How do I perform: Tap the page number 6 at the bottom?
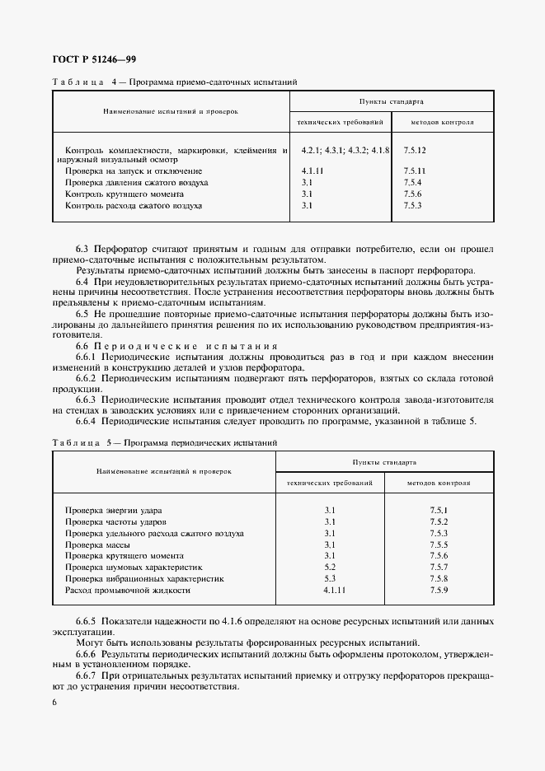54,702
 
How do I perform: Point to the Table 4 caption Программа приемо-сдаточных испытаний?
209,83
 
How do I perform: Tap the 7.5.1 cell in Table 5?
439,511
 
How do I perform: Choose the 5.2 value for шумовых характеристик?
330,568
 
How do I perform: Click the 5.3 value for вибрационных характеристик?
330,579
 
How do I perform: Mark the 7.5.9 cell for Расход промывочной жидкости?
439,591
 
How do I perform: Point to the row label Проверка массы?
97,545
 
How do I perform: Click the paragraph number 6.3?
83,248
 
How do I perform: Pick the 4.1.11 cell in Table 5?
332,591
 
